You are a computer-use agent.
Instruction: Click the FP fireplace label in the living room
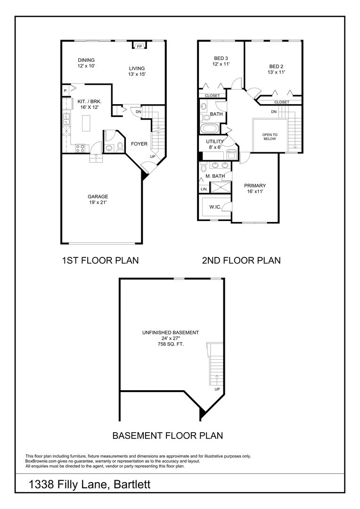coord(139,47)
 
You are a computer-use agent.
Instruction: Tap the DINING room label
coord(86,60)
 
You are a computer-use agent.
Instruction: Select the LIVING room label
coord(137,68)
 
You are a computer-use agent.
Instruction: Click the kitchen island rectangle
coord(86,124)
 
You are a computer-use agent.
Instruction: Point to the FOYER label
coord(139,144)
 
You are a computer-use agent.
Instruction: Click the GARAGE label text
coord(98,197)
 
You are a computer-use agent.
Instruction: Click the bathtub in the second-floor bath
coord(210,129)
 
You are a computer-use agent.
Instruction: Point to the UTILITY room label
coord(215,141)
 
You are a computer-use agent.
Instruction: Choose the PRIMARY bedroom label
coord(255,186)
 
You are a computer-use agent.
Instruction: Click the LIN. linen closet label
coord(204,189)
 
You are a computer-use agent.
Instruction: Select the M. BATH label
coord(215,176)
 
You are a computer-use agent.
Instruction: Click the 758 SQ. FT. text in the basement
coord(170,345)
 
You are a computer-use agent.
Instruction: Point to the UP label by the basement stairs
coord(217,389)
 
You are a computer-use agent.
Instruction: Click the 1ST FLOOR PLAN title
coord(100,260)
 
